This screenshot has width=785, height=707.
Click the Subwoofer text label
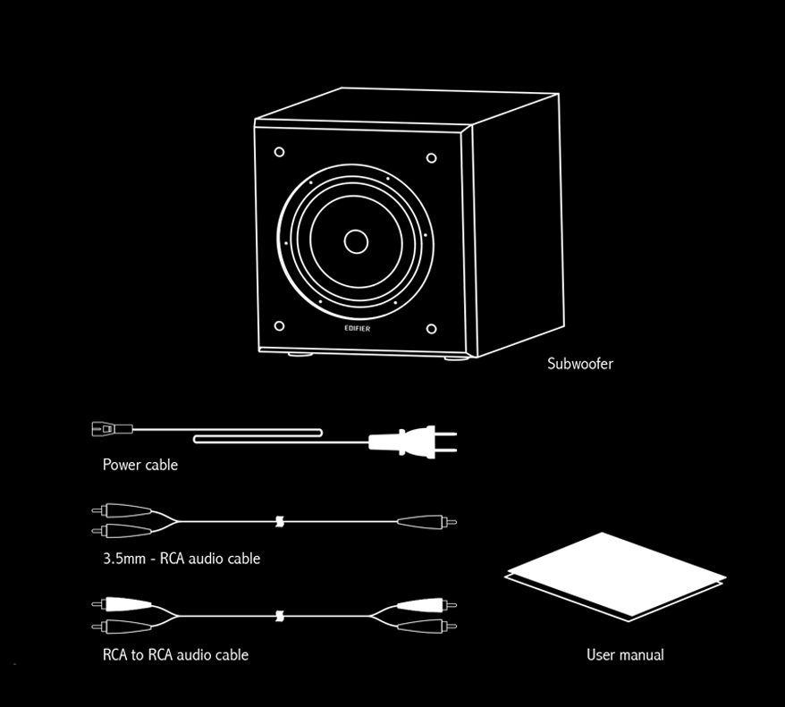pyautogui.click(x=579, y=363)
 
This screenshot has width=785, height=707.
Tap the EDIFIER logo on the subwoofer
pyautogui.click(x=358, y=328)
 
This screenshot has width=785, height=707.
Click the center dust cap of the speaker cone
pyautogui.click(x=356, y=241)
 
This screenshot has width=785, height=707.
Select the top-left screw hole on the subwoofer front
pyautogui.click(x=279, y=152)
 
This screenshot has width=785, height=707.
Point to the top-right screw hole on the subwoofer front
pyautogui.click(x=431, y=158)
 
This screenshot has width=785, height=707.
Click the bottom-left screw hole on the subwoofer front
pyautogui.click(x=279, y=325)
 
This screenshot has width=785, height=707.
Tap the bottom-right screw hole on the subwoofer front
pyautogui.click(x=431, y=329)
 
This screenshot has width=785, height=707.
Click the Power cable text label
pyautogui.click(x=140, y=465)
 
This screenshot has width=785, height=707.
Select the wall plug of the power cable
pyautogui.click(x=412, y=442)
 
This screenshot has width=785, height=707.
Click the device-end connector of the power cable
pyautogui.click(x=112, y=429)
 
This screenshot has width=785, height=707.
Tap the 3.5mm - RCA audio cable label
pyautogui.click(x=181, y=559)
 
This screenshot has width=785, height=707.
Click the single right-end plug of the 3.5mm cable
pyautogui.click(x=426, y=522)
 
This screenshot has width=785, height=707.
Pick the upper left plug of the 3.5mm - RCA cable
pyautogui.click(x=122, y=510)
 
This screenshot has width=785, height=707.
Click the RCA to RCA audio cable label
pyautogui.click(x=175, y=654)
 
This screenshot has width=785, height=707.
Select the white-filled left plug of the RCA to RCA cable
pyautogui.click(x=122, y=604)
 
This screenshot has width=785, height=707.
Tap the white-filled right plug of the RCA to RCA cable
pyautogui.click(x=426, y=605)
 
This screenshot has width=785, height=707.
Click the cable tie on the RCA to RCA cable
pyautogui.click(x=280, y=617)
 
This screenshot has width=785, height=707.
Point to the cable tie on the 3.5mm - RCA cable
pyautogui.click(x=280, y=522)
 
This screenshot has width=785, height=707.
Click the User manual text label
pyautogui.click(x=625, y=654)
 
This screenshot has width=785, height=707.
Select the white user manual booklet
pyautogui.click(x=616, y=576)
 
